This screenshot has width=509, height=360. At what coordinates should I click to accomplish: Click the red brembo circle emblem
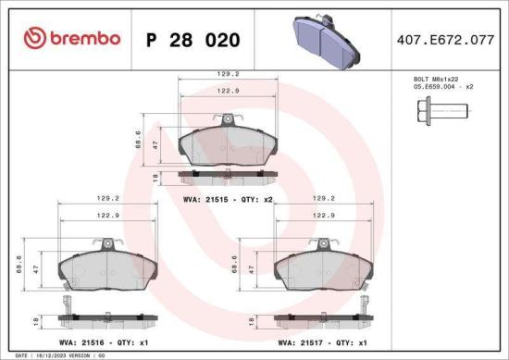[x=32, y=38]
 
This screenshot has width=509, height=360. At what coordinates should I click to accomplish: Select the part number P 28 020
[x=193, y=40]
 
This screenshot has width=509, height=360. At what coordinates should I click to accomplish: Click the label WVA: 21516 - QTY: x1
[x=105, y=341]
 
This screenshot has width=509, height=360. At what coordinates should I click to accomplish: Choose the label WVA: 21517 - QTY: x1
[x=322, y=341]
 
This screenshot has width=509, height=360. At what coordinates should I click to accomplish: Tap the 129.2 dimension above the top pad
[x=229, y=71]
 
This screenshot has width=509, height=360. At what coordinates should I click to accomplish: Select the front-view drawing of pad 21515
[x=228, y=146]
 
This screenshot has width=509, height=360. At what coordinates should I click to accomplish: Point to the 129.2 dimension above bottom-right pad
[x=323, y=196]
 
